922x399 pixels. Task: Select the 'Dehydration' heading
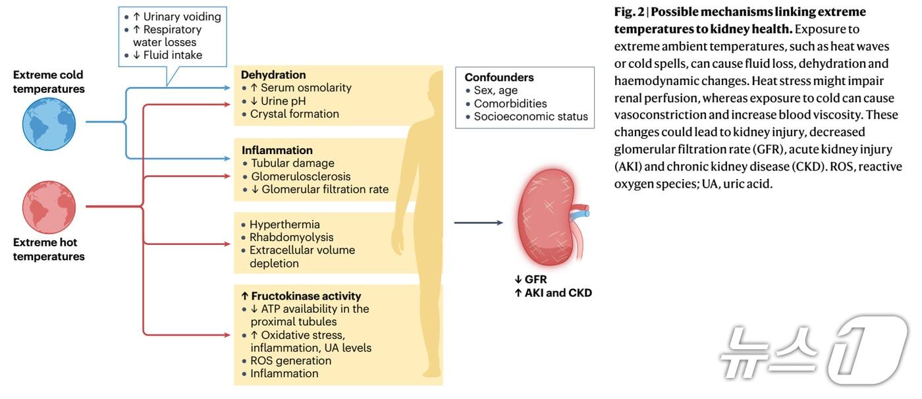coord(273,75)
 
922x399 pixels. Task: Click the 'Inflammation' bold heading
coord(277,150)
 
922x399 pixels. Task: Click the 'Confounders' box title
coord(499,77)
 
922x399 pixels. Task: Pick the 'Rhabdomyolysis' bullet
coord(291,237)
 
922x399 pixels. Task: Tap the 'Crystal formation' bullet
coord(294,114)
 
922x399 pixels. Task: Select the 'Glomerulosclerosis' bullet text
coord(300,176)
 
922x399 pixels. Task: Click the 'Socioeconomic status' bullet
coord(531,117)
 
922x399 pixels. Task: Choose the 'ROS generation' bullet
coord(290,361)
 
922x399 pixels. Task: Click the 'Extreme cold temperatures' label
coord(49,82)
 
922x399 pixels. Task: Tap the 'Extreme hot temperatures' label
coord(49,250)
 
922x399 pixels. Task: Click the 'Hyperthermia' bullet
coord(285,225)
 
